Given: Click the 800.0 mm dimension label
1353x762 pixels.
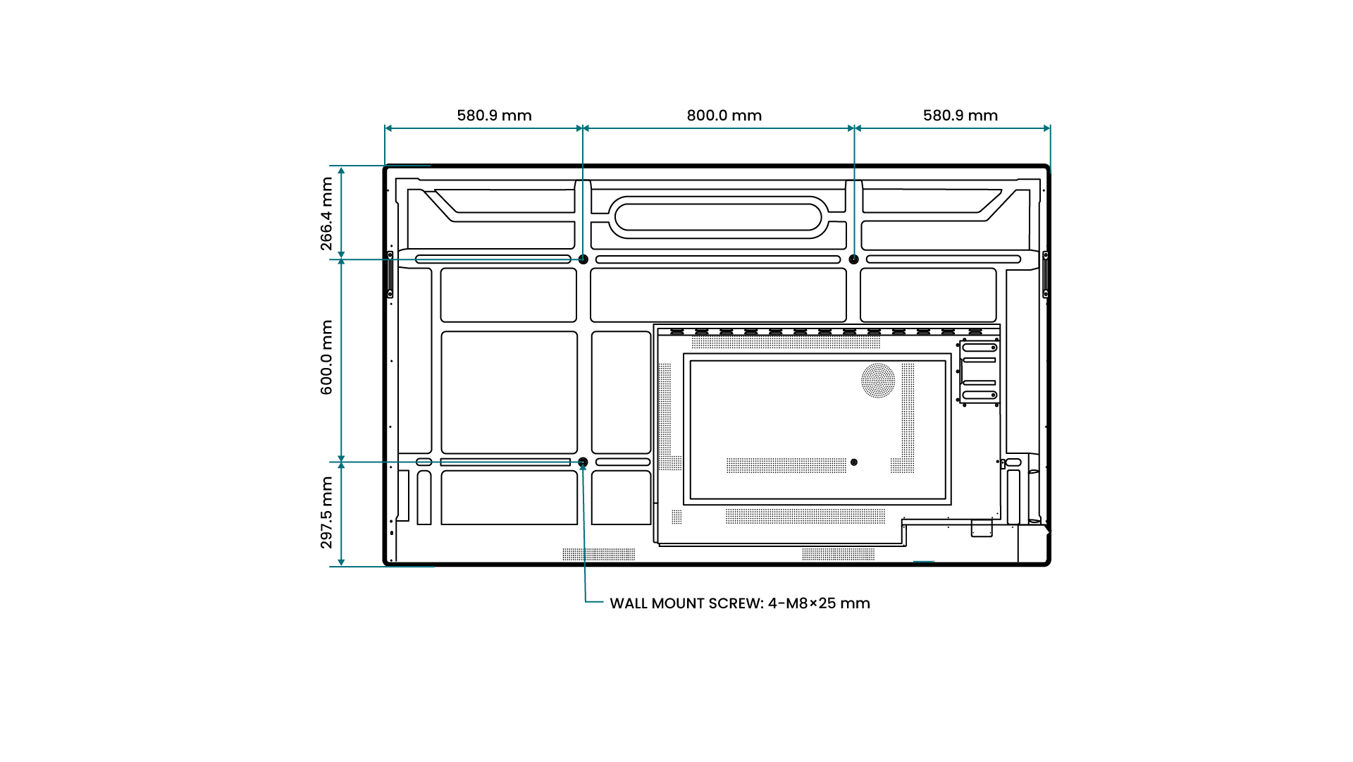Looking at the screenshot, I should pos(724,116).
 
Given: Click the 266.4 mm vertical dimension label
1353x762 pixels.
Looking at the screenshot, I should pos(326,214).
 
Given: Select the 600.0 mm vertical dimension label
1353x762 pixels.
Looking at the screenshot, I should pos(326,357).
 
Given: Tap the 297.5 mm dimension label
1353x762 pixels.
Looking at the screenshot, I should pos(326,512).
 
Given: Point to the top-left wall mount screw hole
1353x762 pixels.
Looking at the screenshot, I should pos(583,259).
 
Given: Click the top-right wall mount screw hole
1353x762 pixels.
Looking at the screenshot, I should pos(854,259).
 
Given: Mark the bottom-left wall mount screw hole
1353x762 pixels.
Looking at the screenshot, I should pos(583,462).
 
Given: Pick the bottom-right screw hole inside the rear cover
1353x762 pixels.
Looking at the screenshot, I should pos(854,462).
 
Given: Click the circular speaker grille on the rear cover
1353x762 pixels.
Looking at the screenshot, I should pos(878,381).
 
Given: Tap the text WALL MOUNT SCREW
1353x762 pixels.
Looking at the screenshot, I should pos(686,603).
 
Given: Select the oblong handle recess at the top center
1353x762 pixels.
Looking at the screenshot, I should pos(717,217).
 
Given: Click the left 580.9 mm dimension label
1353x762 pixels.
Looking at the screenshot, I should pos(494,116).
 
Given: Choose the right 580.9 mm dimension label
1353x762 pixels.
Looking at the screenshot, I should pos(960,116).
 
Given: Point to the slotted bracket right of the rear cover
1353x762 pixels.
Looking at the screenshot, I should pos(979,371).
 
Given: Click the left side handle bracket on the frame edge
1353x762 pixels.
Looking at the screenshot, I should pos(390,274).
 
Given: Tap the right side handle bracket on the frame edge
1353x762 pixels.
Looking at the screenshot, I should pos(1046,274).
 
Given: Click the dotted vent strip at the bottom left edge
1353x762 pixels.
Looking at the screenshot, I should pos(598,555).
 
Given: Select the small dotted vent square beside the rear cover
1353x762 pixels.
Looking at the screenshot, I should pos(676,517).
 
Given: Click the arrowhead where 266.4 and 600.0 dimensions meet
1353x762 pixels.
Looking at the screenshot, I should pos(341,259).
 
